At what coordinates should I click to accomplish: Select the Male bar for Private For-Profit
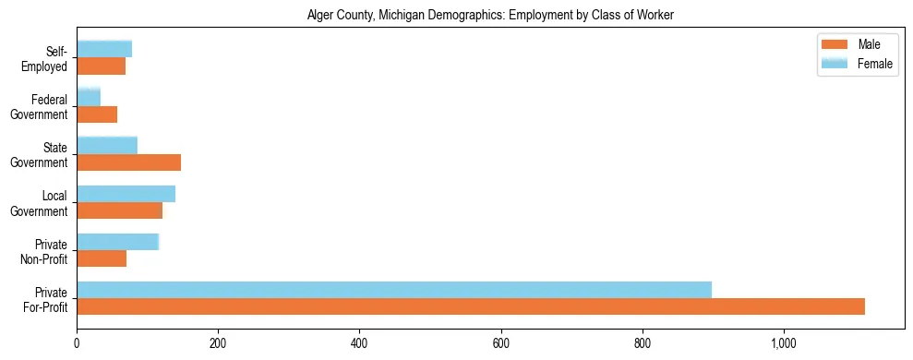point(471,306)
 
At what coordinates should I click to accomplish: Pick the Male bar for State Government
point(128,162)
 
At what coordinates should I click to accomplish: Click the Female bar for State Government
point(107,145)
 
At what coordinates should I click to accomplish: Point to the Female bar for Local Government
point(126,194)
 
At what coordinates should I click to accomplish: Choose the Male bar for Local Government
point(119,210)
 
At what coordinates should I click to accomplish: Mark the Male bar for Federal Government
point(97,114)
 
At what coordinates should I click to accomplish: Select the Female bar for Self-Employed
point(104,49)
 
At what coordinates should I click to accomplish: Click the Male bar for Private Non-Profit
point(102,258)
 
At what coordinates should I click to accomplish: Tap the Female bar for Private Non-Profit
point(118,242)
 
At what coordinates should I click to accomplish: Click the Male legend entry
point(858,45)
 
